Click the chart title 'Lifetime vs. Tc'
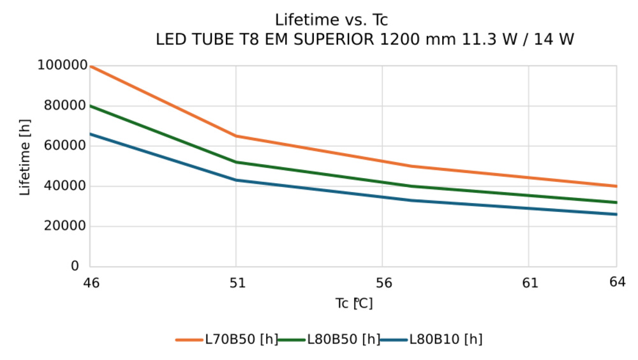(331, 20)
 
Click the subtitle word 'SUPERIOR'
(332, 40)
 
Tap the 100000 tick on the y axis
(62, 65)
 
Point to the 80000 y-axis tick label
(65, 105)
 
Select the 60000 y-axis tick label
(65, 146)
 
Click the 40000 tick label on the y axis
(65, 186)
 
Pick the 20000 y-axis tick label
(65, 226)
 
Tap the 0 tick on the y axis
(75, 266)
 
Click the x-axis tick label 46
(91, 282)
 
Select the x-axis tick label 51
(237, 282)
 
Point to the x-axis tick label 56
(382, 282)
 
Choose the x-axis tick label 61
(529, 282)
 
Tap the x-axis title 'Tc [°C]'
(354, 303)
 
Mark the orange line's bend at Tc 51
(236, 136)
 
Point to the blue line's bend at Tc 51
(236, 180)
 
